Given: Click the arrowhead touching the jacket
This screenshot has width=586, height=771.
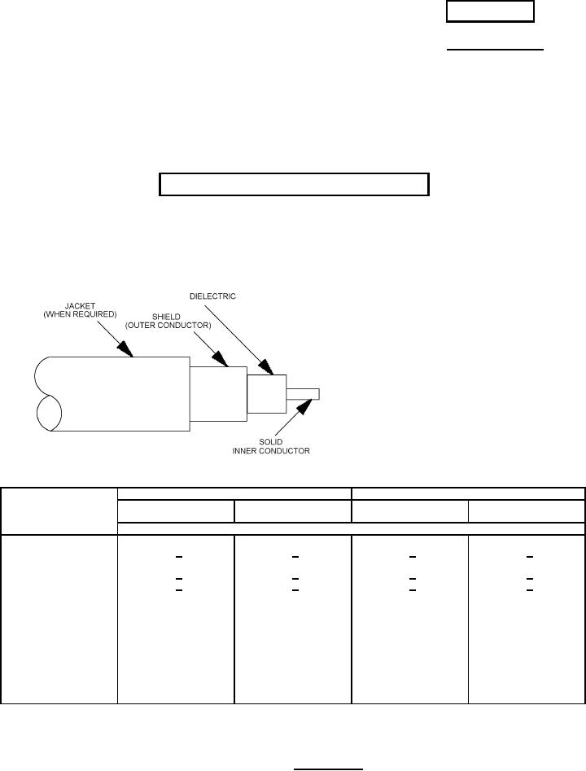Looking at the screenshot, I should tap(125, 350).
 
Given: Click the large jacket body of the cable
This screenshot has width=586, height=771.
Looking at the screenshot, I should tap(122, 394).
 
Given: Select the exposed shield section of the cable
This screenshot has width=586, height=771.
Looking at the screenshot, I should tap(217, 394).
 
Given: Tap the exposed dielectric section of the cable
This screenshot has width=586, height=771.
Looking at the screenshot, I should tap(267, 394).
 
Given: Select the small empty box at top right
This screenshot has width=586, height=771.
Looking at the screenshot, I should tap(489, 11).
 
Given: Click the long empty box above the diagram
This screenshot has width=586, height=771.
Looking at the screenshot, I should tap(293, 185).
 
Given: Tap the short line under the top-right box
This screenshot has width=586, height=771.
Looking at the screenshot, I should tap(495, 50).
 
